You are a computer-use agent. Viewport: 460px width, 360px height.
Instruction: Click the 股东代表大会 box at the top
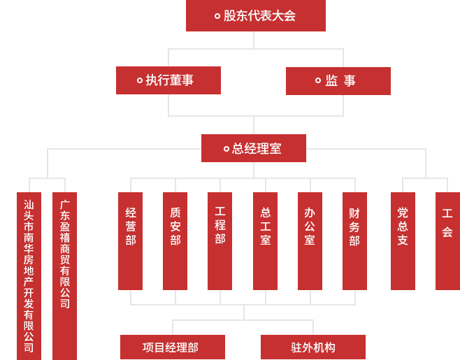[255, 15]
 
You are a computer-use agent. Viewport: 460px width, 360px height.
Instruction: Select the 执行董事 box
[168, 80]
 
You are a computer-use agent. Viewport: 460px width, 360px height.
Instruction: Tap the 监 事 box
[338, 81]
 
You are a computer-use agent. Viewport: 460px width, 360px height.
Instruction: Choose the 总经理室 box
[254, 148]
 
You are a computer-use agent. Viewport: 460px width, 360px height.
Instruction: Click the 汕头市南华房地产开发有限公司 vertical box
[29, 275]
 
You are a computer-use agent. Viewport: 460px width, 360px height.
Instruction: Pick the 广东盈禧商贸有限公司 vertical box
[64, 275]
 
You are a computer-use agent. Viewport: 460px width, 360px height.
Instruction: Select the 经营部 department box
[130, 240]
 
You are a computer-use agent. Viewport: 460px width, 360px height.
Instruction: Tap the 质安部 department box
[175, 240]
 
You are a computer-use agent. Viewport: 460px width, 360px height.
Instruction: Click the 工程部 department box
[220, 240]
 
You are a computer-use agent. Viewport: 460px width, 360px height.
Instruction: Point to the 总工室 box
[265, 240]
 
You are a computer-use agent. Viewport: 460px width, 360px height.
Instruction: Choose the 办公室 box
[310, 240]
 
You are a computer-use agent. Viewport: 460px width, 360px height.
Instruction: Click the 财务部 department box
[354, 240]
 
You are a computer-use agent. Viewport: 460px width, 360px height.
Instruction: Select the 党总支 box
[403, 240]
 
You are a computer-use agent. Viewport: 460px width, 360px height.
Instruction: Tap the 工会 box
[447, 240]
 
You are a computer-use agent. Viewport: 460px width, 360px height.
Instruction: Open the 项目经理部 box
[173, 347]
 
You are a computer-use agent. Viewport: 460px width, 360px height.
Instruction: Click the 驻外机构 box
[313, 347]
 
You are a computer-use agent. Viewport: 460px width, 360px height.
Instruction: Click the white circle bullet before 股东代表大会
[217, 16]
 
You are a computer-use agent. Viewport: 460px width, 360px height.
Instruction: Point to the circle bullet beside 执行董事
[140, 80]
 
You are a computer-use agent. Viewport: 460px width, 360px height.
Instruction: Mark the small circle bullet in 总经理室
[227, 149]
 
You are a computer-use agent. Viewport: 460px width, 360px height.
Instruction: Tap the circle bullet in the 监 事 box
[318, 80]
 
